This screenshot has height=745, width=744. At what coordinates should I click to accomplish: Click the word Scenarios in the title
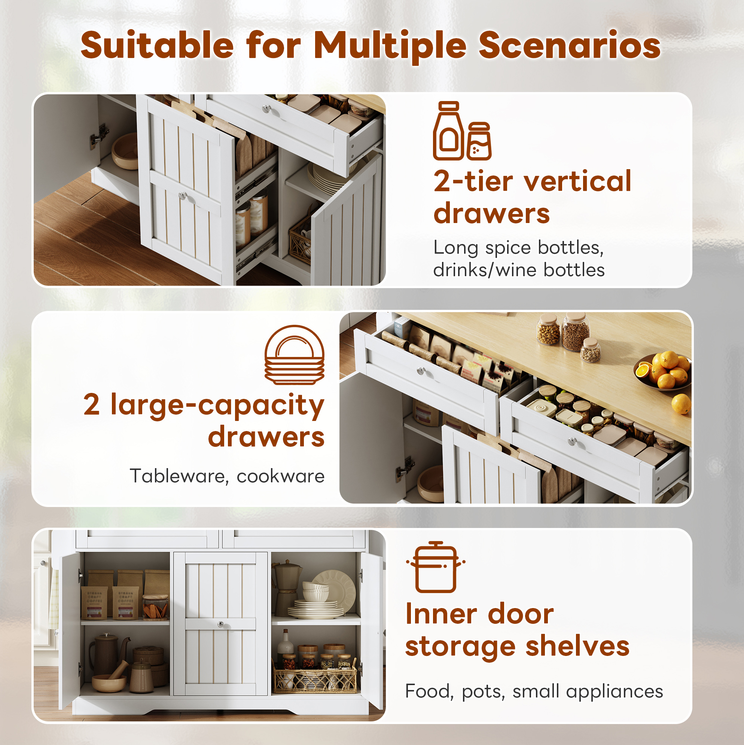pos(569,46)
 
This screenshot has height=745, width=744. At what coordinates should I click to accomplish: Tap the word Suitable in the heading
pos(157,45)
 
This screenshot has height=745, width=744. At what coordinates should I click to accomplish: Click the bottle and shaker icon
pos(462,131)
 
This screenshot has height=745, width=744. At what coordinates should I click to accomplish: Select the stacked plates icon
pos(294,355)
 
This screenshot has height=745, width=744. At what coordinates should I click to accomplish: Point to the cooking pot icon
pos(436,567)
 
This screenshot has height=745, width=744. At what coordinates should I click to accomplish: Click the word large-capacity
pos(217,406)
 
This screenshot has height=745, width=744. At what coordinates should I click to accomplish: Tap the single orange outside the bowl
pos(681,403)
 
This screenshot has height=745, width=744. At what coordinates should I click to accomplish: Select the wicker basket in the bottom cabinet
pos(315,680)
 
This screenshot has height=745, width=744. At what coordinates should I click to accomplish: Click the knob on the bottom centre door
pos(220,624)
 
